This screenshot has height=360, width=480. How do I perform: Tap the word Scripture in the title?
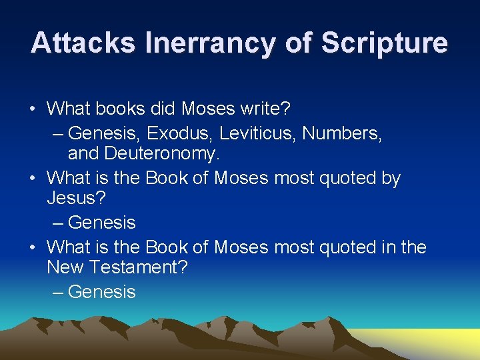click(x=385, y=43)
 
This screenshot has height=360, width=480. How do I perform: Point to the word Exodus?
click(x=177, y=133)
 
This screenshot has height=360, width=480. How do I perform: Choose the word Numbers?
click(x=341, y=133)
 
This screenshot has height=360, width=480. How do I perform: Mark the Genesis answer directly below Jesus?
click(x=101, y=222)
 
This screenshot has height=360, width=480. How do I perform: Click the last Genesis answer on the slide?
click(x=101, y=291)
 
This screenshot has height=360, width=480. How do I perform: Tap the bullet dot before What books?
click(x=33, y=108)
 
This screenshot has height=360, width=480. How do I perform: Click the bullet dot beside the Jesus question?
click(x=33, y=179)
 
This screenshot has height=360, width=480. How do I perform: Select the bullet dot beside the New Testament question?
click(x=33, y=248)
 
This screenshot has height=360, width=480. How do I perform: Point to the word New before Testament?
click(x=65, y=267)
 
